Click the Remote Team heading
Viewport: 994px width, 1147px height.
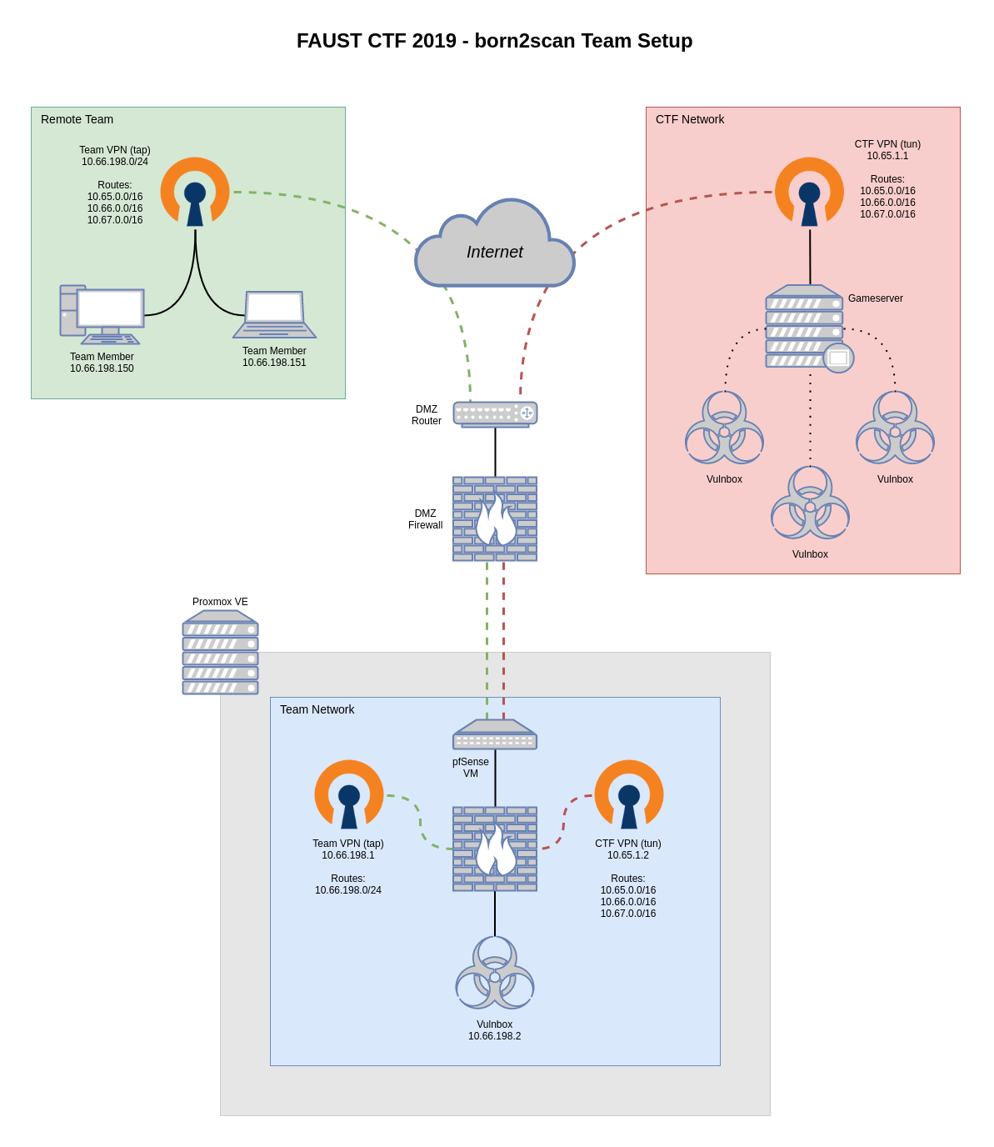[x=77, y=119]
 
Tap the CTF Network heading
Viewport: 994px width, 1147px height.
[x=690, y=119]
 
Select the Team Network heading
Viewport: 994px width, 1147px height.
[x=317, y=709]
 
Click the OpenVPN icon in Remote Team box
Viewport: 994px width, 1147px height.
[x=195, y=192]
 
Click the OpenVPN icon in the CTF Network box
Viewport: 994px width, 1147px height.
[x=809, y=192]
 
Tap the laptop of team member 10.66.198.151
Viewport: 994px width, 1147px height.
[x=274, y=315]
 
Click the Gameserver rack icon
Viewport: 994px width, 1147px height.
[x=805, y=327]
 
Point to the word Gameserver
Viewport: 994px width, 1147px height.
[x=875, y=298]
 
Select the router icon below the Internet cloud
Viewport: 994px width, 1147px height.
[x=495, y=413]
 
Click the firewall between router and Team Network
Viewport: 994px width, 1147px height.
[x=495, y=518]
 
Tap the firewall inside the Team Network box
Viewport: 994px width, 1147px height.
[x=495, y=849]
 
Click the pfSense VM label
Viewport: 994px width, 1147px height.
[x=471, y=768]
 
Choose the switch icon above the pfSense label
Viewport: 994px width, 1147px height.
[x=495, y=734]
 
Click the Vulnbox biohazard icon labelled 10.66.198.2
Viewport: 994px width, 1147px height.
[x=495, y=973]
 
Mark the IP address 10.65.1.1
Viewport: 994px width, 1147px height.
[x=887, y=156]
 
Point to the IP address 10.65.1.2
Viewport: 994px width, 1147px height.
[x=628, y=855]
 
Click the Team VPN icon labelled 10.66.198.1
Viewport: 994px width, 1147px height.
[x=349, y=794]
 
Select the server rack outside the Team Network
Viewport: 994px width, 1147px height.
[x=220, y=653]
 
